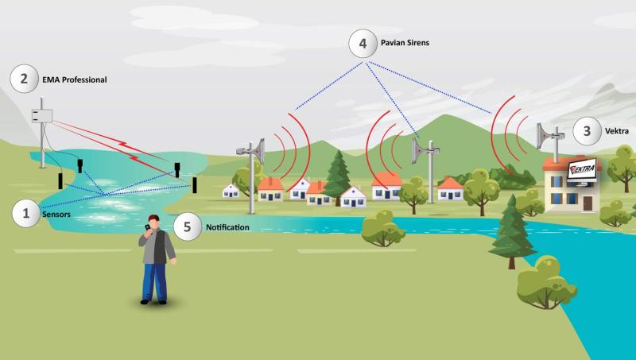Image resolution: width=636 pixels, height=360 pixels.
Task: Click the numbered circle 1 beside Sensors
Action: (x=26, y=213)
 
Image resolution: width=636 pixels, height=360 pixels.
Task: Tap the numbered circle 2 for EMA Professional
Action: (x=24, y=79)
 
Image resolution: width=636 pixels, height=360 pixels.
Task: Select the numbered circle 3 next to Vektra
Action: (x=587, y=131)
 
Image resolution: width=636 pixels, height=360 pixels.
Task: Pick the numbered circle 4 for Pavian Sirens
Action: (x=363, y=44)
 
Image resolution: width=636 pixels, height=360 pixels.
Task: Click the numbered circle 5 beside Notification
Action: (x=188, y=226)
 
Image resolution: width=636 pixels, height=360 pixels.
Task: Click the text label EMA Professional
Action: (x=75, y=79)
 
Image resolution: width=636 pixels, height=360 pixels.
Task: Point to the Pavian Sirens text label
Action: (x=405, y=43)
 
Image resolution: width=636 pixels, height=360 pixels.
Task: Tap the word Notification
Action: (x=227, y=227)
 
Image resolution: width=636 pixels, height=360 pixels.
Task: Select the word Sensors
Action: (x=56, y=215)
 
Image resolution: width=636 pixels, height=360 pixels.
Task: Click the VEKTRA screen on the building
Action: (x=582, y=169)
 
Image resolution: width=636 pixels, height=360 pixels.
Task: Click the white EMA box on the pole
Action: (x=42, y=116)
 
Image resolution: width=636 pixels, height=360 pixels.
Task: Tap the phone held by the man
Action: (x=147, y=227)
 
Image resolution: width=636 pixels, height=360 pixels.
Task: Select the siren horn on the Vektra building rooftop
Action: (x=545, y=136)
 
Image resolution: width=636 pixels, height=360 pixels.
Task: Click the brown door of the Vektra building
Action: (x=588, y=203)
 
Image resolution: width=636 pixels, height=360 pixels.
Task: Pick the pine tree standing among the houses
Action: (x=337, y=176)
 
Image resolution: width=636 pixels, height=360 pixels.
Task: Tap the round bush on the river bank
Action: (x=382, y=229)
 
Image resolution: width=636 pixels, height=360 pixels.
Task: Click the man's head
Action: (x=153, y=223)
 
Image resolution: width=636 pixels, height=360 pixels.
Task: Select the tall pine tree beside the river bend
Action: (x=512, y=230)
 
